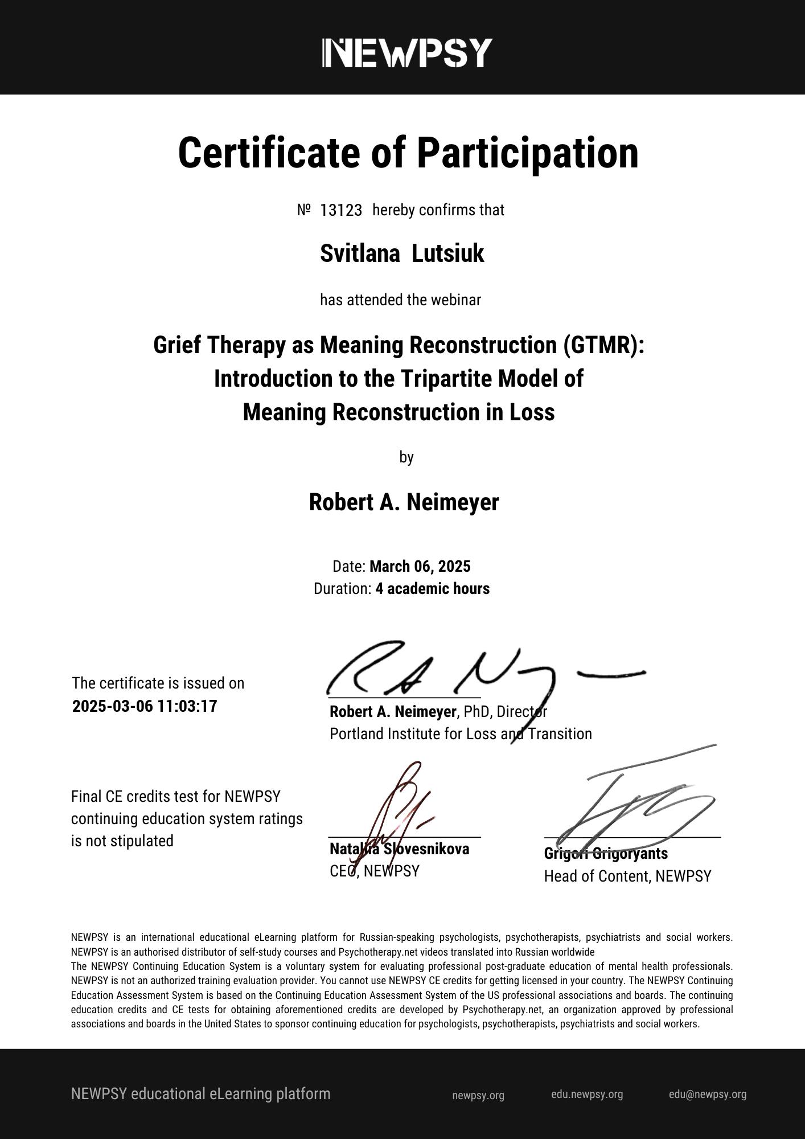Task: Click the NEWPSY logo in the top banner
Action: point(406,53)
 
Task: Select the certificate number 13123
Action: point(341,210)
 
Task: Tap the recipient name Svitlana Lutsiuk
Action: point(402,253)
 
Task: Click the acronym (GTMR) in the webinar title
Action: point(604,345)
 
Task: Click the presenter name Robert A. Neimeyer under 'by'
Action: point(404,502)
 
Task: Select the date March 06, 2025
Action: point(420,566)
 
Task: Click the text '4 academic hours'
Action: point(432,588)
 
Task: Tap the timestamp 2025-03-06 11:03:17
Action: point(145,706)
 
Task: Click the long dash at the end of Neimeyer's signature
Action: point(610,675)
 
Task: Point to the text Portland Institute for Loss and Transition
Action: point(461,734)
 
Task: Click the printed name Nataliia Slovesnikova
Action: point(399,849)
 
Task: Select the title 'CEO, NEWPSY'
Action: point(374,871)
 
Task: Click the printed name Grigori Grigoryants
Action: point(606,853)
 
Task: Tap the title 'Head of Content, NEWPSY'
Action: point(627,876)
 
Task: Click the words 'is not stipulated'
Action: point(122,841)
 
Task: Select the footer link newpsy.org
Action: point(478,1095)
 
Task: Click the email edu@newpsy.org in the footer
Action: point(707,1094)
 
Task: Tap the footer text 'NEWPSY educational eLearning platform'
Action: point(200,1094)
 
